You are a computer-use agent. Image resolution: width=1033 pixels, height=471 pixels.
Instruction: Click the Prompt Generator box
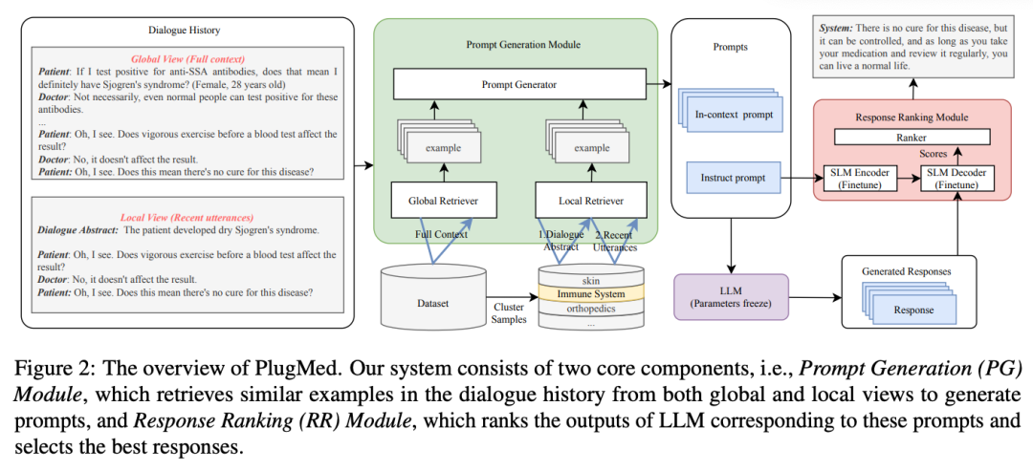click(x=518, y=85)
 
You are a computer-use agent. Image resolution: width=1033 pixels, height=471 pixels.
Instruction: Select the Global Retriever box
click(x=436, y=201)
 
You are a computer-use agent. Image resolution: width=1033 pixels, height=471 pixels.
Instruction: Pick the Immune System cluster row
click(x=591, y=294)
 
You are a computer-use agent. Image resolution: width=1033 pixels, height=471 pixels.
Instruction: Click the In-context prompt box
click(x=734, y=115)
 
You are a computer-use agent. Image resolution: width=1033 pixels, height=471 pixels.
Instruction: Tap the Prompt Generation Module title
click(x=516, y=44)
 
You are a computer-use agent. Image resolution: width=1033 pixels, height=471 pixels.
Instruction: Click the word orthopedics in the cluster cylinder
click(x=591, y=310)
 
